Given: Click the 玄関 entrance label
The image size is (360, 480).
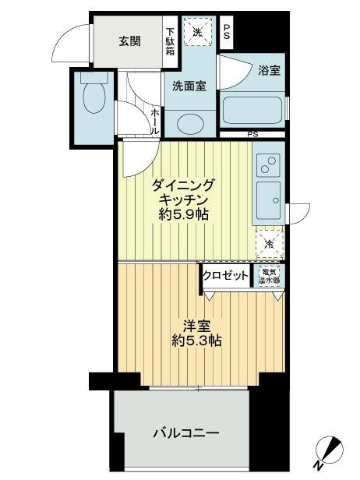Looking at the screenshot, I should [129, 41].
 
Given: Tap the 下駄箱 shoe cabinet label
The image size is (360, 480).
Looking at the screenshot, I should [170, 42].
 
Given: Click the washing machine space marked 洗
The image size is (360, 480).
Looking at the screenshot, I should [197, 34].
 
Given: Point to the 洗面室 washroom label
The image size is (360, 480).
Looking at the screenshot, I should [189, 86].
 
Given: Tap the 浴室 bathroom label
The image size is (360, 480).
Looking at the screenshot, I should [269, 71].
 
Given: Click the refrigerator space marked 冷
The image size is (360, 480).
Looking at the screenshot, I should [268, 243].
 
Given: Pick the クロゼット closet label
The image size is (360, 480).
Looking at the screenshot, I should [226, 275].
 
